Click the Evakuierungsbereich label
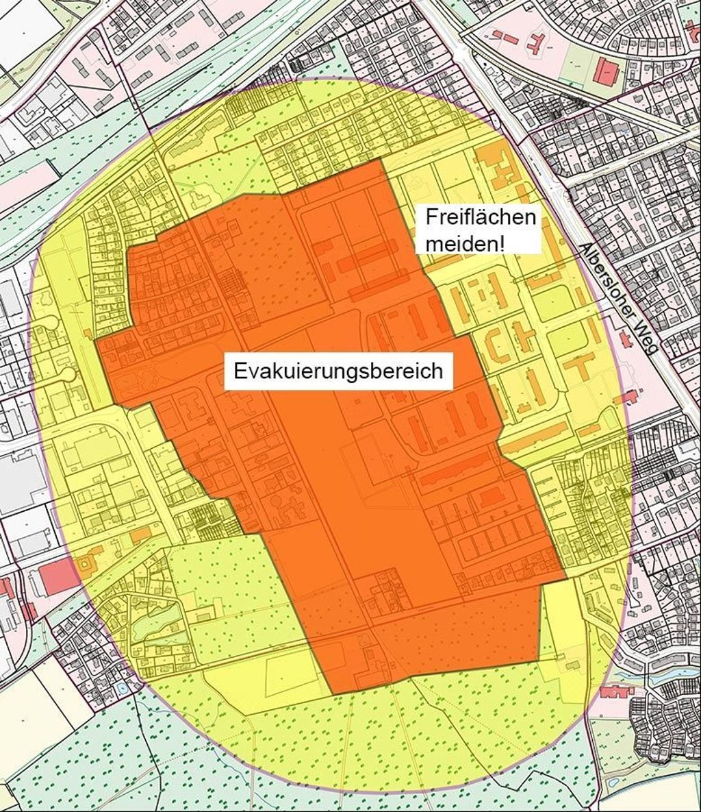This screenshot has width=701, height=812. (338, 371)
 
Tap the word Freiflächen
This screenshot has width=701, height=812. (479, 218)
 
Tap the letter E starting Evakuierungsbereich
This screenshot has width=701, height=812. (240, 371)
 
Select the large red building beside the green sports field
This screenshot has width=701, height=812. (604, 71)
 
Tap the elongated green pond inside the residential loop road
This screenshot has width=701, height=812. (155, 620)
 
